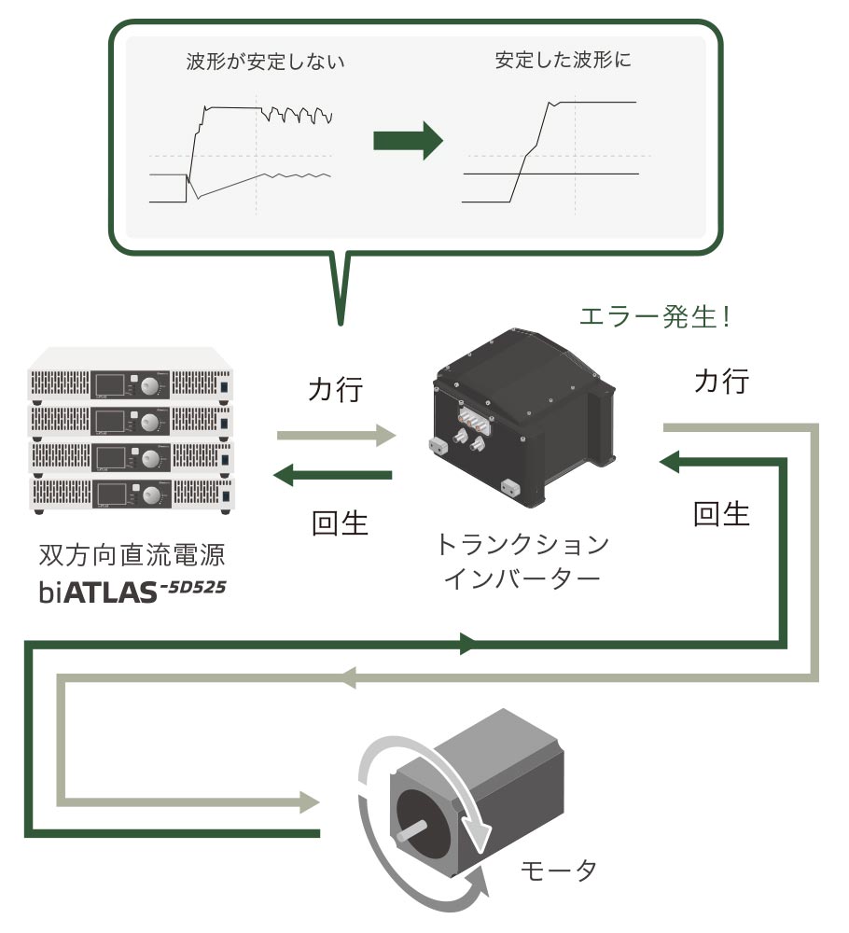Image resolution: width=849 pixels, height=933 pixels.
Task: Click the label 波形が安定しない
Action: click(x=266, y=64)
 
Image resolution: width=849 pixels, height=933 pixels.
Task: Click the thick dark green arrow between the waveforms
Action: click(x=408, y=140)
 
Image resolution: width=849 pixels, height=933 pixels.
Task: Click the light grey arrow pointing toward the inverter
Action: click(x=337, y=434)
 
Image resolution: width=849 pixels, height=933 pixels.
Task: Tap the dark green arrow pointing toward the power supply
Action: click(x=332, y=476)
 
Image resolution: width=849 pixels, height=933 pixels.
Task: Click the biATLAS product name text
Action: click(x=133, y=592)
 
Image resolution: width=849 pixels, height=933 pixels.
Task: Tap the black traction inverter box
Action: click(x=522, y=420)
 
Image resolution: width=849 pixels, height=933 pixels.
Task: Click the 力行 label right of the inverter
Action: click(x=721, y=381)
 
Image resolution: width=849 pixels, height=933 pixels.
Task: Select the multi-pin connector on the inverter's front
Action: click(x=474, y=422)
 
